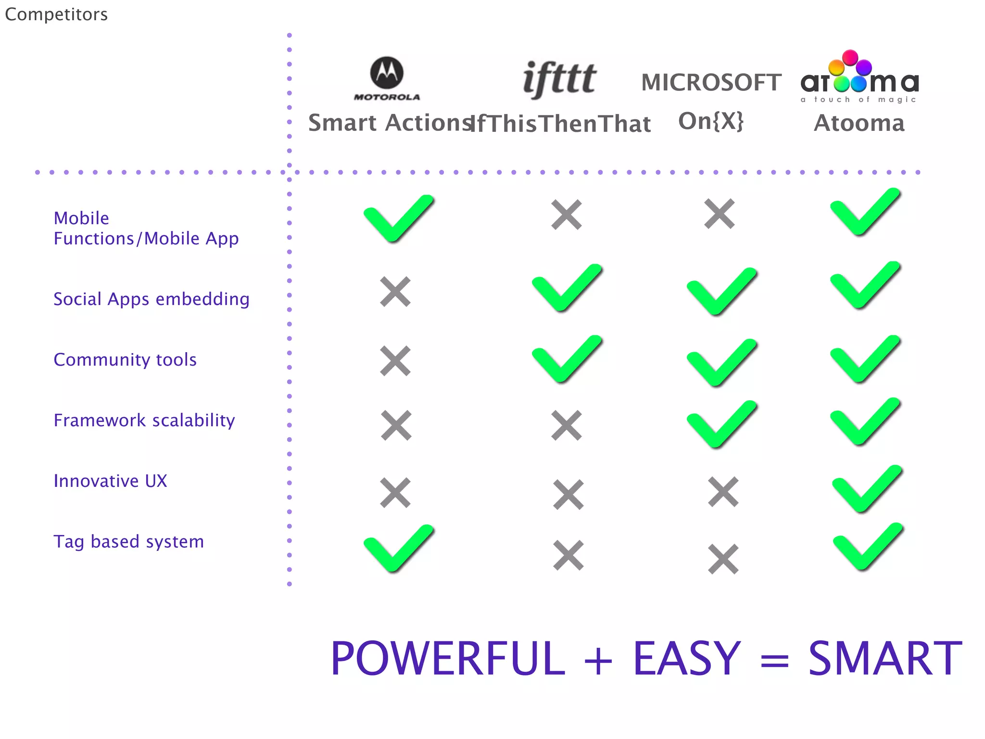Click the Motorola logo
point(387,78)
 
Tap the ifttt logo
point(559,79)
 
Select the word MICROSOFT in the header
point(711,83)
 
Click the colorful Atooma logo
point(859,77)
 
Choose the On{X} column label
point(711,121)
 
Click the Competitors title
point(56,14)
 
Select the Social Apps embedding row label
point(152,299)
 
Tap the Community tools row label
point(125,360)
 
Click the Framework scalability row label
point(144,420)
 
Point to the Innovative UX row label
point(110,481)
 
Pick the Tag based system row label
point(128,542)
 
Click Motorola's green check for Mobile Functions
point(398,219)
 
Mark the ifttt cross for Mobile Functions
point(567,215)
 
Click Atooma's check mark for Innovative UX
point(867,489)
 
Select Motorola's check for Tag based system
point(398,548)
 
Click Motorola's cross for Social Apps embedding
point(395,292)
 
